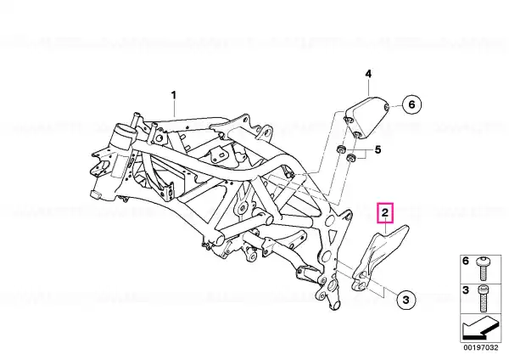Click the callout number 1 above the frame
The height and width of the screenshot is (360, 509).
pyautogui.click(x=174, y=96)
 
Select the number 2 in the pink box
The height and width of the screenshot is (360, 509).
pyautogui.click(x=385, y=213)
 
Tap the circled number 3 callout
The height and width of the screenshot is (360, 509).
pyautogui.click(x=406, y=299)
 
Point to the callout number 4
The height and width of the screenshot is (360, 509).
pyautogui.click(x=368, y=74)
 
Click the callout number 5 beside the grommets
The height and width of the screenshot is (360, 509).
pyautogui.click(x=378, y=149)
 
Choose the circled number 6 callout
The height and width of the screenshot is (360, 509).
pyautogui.click(x=411, y=104)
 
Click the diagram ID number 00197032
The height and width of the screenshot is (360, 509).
pyautogui.click(x=480, y=347)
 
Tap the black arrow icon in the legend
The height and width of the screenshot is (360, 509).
pyautogui.click(x=480, y=328)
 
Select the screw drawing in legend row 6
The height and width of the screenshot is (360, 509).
pyautogui.click(x=483, y=269)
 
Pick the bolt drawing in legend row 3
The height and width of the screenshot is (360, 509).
pyautogui.click(x=483, y=298)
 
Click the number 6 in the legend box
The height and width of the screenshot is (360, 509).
pyautogui.click(x=466, y=261)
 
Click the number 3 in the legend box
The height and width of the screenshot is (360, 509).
pyautogui.click(x=466, y=290)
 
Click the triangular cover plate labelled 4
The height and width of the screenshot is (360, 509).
pyautogui.click(x=366, y=117)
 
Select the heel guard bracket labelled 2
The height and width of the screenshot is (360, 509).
pyautogui.click(x=378, y=256)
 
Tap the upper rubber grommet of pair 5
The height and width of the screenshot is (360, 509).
pyautogui.click(x=340, y=149)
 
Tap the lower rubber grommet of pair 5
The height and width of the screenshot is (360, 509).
pyautogui.click(x=350, y=158)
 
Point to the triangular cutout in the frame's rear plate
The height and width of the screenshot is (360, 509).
pyautogui.click(x=332, y=234)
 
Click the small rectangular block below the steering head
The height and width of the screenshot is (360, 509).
pyautogui.click(x=95, y=195)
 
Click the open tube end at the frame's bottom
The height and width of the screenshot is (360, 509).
pyautogui.click(x=335, y=305)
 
